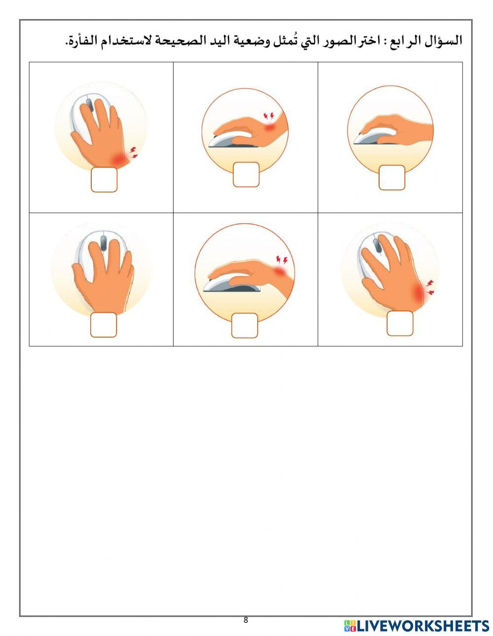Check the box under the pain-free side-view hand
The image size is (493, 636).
(392, 177)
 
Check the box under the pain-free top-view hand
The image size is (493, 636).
(104, 325)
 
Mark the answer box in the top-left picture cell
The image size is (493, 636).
(104, 180)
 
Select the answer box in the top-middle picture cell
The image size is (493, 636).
(246, 174)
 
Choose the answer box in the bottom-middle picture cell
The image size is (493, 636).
(245, 326)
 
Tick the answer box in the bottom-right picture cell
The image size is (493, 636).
(400, 323)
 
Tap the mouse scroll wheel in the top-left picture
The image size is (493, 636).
(89, 105)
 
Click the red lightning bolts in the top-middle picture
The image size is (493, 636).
(269, 116)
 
